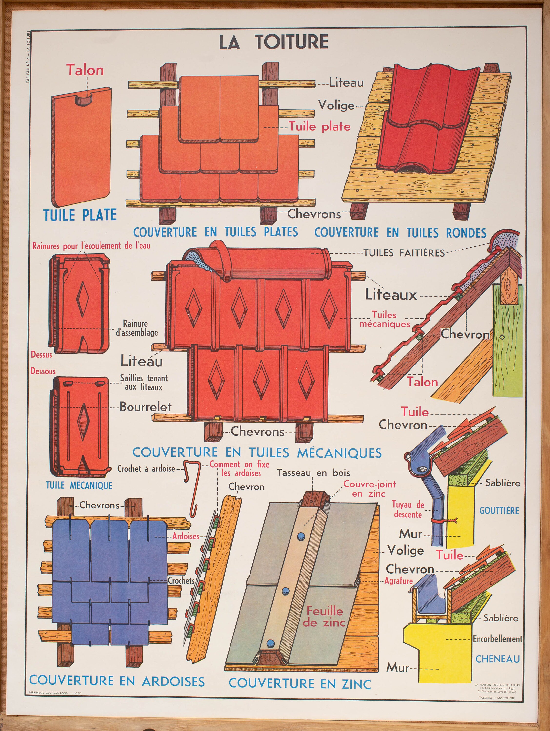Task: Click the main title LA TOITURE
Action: [273, 42]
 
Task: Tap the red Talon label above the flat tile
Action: [85, 70]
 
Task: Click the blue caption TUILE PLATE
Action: [80, 215]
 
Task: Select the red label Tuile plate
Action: [319, 126]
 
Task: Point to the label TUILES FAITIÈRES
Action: [404, 253]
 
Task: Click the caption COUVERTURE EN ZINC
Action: [300, 684]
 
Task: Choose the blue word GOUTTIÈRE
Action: [499, 510]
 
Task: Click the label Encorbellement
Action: [497, 639]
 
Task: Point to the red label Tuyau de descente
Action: [408, 509]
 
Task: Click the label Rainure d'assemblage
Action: [137, 328]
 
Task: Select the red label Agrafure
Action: [398, 581]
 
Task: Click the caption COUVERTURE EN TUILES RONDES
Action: [400, 233]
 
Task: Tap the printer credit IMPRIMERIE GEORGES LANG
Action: [55, 693]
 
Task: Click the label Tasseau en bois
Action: [313, 473]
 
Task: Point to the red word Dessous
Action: [43, 371]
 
